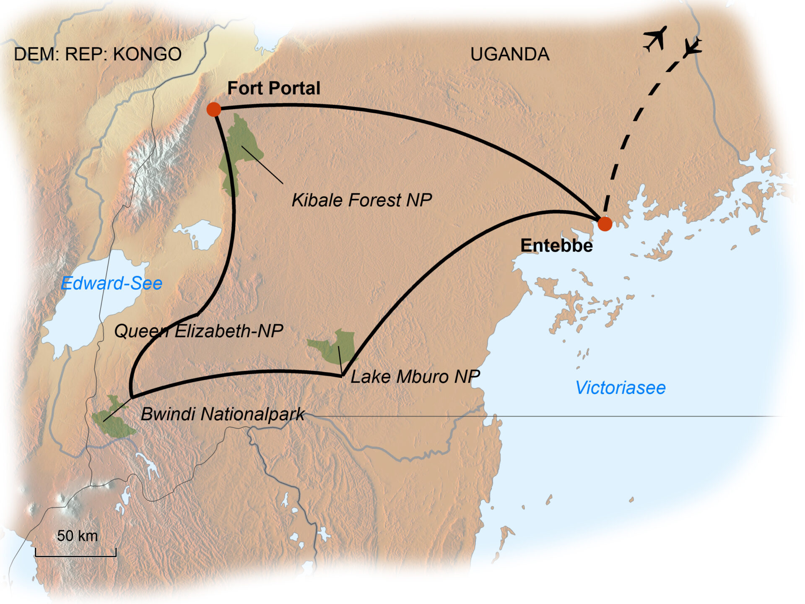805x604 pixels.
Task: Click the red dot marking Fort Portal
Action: click(x=214, y=109)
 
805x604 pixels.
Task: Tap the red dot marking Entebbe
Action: click(x=605, y=224)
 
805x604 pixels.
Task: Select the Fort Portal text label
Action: click(x=273, y=89)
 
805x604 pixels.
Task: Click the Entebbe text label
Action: click(x=556, y=246)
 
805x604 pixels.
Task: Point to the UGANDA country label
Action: click(x=510, y=55)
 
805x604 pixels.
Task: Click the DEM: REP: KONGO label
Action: click(x=98, y=55)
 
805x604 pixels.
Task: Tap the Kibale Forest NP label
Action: click(x=361, y=200)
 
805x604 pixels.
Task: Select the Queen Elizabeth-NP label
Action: click(x=198, y=331)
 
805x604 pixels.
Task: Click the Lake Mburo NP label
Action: click(x=415, y=377)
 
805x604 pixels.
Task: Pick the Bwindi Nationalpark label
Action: click(x=222, y=414)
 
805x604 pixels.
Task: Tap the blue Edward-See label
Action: click(x=112, y=284)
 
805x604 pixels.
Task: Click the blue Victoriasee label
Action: click(x=620, y=388)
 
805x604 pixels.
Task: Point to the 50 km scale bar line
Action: click(x=75, y=556)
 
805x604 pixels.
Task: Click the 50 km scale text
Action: click(x=77, y=536)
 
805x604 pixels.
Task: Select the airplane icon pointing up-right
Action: click(x=655, y=39)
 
